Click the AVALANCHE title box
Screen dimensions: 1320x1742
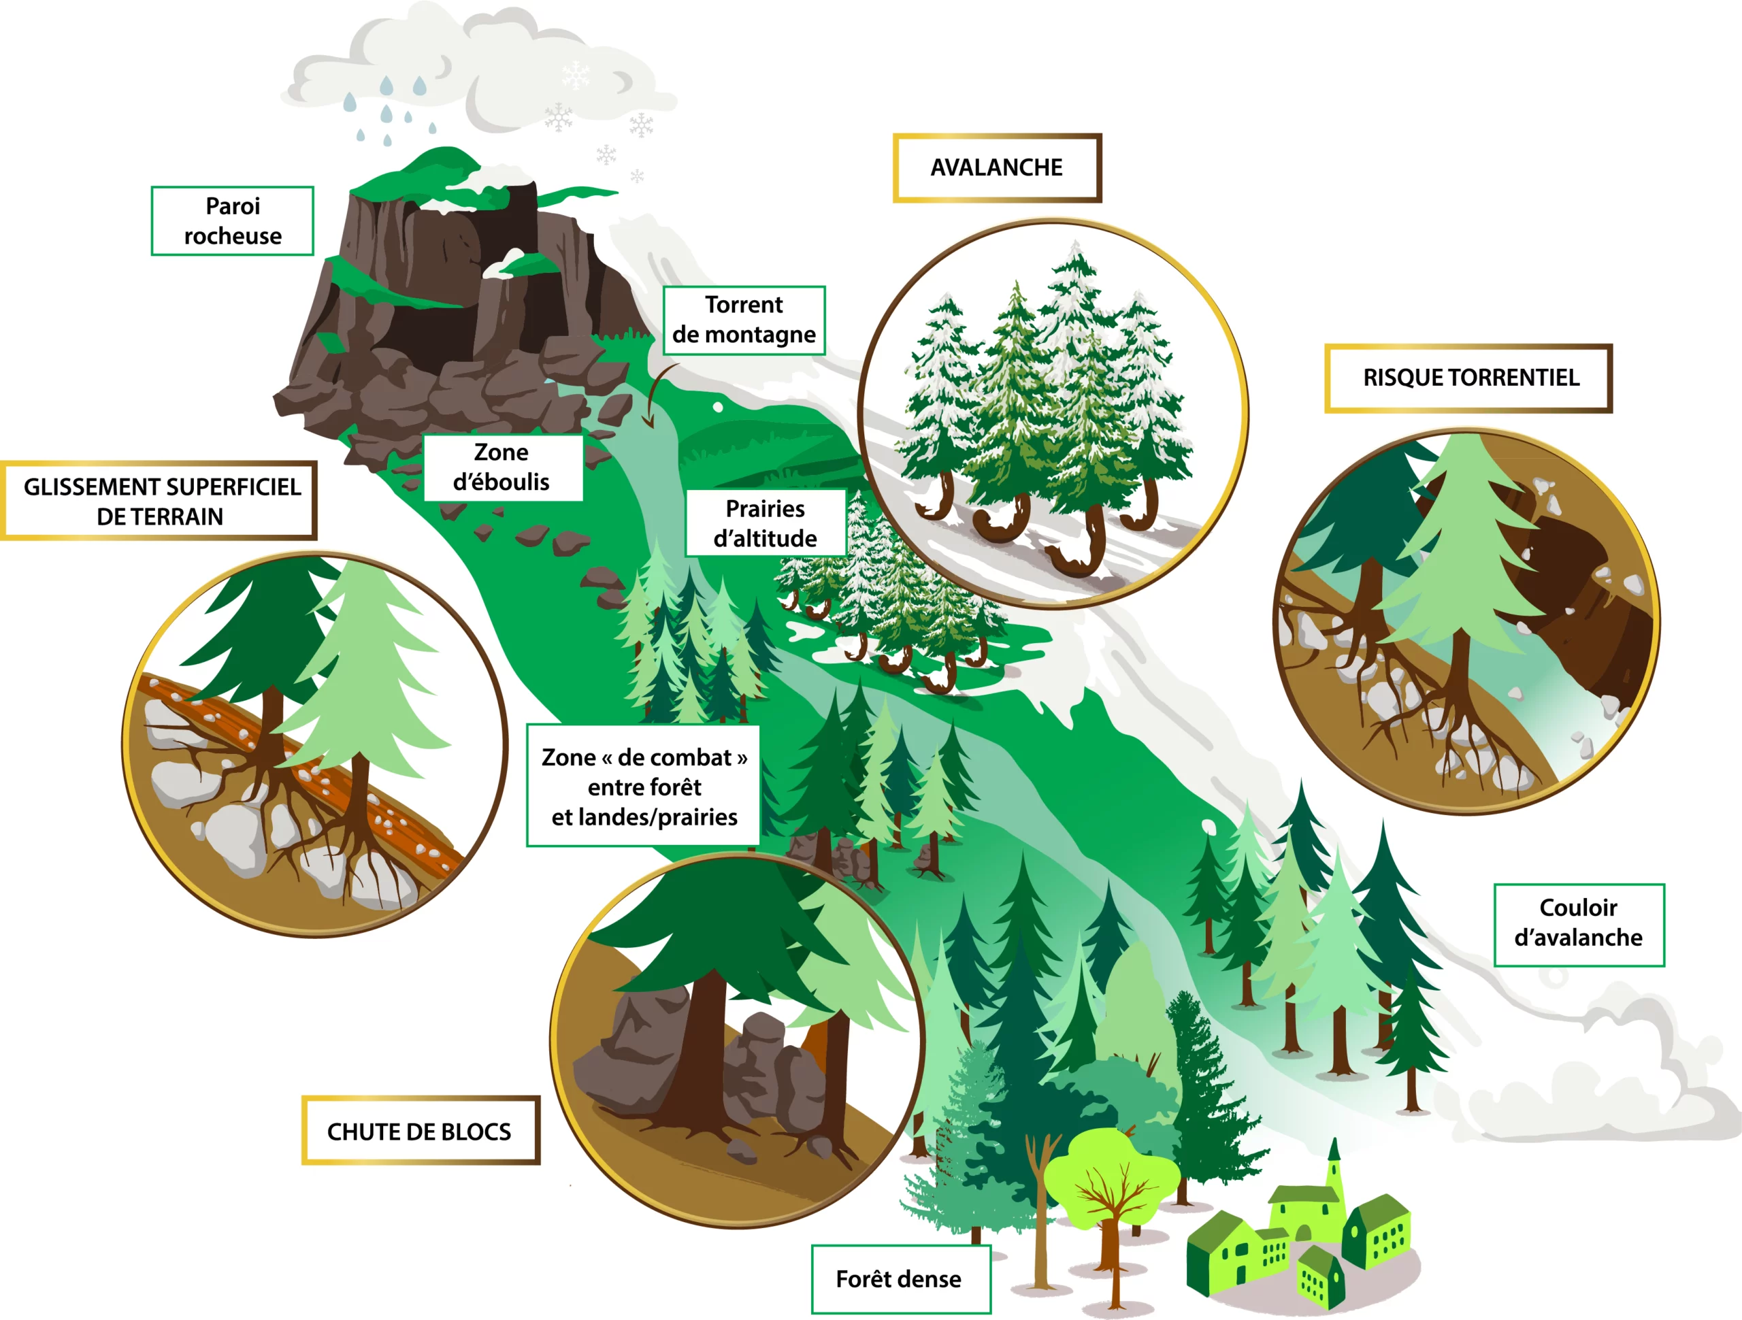pos(996,168)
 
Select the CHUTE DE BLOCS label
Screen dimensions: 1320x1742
pos(420,1130)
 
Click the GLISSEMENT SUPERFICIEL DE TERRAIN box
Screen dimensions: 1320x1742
pos(160,501)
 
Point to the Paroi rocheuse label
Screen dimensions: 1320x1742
pos(232,221)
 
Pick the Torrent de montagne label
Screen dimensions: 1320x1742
pos(744,320)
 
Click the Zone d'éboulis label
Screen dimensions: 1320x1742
pos(502,467)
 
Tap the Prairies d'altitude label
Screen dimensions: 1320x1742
pos(765,523)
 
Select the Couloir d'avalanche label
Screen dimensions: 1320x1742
pos(1578,923)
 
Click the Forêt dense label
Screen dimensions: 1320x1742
pos(900,1278)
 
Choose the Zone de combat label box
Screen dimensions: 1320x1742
pos(644,786)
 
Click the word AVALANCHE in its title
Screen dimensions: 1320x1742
pos(996,168)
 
